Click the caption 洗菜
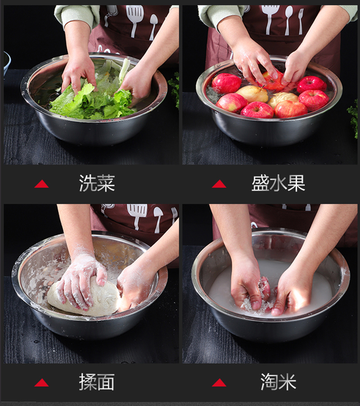coord(97,183)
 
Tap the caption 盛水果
coord(278,183)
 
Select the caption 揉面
coord(97,382)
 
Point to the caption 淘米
coord(278,382)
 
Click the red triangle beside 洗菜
coord(41,184)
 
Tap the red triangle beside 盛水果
coord(219,184)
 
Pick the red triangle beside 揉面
coord(41,383)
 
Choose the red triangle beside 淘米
coord(219,383)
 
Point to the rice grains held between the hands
coord(259,298)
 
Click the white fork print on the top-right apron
coord(300,21)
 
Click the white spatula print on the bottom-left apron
coord(137,216)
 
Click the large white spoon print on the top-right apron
coord(288,20)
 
